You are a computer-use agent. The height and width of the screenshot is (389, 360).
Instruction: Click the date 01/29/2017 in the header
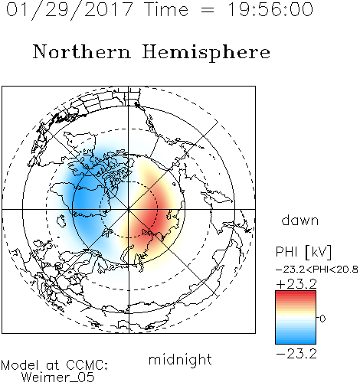[x=70, y=10]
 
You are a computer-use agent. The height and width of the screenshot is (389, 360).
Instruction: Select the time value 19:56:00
[x=270, y=9]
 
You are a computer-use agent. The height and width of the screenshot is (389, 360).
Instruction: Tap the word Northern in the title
[x=82, y=51]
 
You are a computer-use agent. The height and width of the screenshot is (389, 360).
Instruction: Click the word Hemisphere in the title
[x=206, y=53]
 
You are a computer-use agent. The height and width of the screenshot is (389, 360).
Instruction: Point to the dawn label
[x=300, y=220]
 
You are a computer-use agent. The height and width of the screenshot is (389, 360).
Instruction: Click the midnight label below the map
[x=180, y=359]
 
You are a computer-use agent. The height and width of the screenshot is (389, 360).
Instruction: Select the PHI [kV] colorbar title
[x=303, y=252]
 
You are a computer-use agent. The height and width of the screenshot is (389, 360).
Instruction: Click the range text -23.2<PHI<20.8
[x=317, y=270]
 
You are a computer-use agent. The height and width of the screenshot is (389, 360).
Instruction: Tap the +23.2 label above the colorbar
[x=296, y=284]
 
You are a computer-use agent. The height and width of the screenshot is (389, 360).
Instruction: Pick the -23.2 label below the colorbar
[x=296, y=354]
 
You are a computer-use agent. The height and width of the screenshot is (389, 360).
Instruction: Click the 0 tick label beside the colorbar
[x=322, y=319]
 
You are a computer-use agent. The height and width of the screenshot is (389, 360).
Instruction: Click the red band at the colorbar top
[x=296, y=295]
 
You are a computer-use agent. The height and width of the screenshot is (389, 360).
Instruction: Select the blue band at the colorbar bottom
[x=296, y=340]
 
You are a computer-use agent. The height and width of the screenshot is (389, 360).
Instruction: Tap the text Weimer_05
[x=58, y=377]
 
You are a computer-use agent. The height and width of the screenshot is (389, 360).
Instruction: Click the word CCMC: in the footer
[x=87, y=365]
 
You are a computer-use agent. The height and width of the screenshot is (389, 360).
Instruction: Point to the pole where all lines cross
[x=129, y=209]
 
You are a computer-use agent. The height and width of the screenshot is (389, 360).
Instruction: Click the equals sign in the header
[x=208, y=10]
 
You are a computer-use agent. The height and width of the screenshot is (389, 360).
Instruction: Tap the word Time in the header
[x=166, y=9]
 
